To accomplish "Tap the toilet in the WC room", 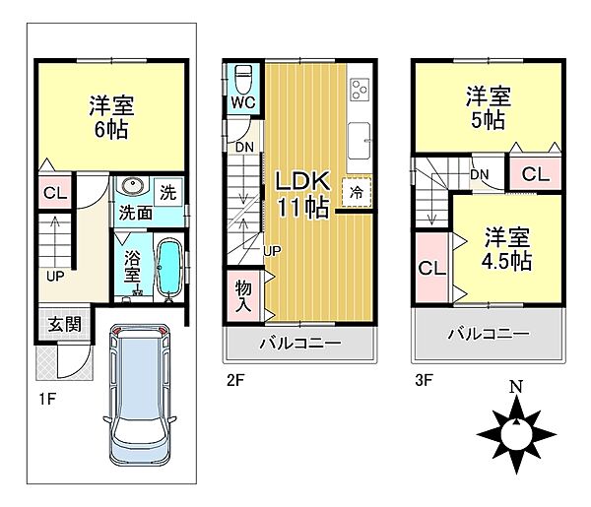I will (x=243, y=79).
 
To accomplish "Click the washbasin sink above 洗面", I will (x=131, y=189).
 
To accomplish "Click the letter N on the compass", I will (x=514, y=387).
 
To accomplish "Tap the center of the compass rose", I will (x=514, y=433).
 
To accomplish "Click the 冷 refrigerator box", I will (x=356, y=192).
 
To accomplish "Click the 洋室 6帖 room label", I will (x=110, y=115).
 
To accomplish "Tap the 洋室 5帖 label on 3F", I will (x=490, y=107).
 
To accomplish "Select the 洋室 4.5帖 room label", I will (x=506, y=249).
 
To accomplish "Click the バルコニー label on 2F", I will (x=299, y=344).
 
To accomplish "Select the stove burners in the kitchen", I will (x=360, y=90).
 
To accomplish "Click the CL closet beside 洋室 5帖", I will (x=536, y=175).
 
